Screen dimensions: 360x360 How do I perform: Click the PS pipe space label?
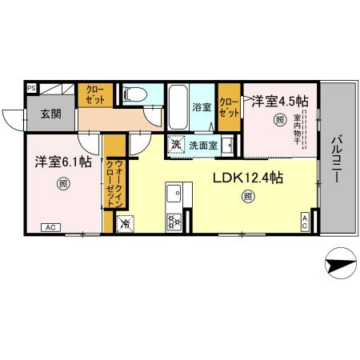[x=31, y=88]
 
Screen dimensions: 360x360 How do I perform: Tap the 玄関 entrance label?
[x=51, y=114]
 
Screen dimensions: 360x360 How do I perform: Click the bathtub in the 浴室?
[x=178, y=106]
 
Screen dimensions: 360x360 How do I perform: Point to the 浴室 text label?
[x=202, y=107]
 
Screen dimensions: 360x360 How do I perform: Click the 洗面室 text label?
[x=203, y=146]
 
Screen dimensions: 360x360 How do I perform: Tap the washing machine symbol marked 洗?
[x=176, y=144]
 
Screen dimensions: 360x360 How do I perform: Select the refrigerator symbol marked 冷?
[x=126, y=223]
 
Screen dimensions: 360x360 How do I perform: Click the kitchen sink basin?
[x=174, y=194]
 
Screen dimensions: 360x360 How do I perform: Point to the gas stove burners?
[x=174, y=222]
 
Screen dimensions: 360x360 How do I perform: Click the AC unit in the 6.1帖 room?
[x=50, y=228]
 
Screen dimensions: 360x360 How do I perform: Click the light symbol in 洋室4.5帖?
[x=279, y=121]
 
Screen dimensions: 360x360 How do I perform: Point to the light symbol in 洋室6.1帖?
[x=63, y=184]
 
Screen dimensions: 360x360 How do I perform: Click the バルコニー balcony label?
[x=337, y=159]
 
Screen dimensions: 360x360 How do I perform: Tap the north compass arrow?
[x=341, y=263]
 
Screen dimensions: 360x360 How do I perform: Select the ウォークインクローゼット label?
[x=114, y=183]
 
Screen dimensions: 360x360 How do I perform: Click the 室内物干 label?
[x=297, y=130]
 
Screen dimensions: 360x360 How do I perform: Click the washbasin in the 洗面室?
[x=228, y=146]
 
